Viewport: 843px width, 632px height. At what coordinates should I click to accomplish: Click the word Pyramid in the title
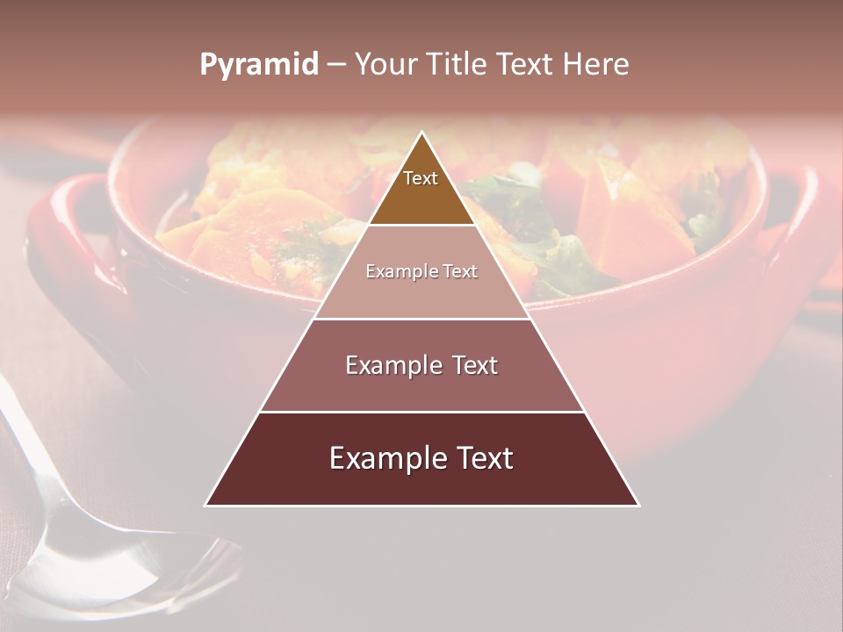258,65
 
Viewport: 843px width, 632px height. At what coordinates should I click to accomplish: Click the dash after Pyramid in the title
335,65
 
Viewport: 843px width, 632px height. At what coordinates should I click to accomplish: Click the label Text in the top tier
421,179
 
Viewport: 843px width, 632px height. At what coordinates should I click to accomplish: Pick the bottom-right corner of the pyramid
638,505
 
